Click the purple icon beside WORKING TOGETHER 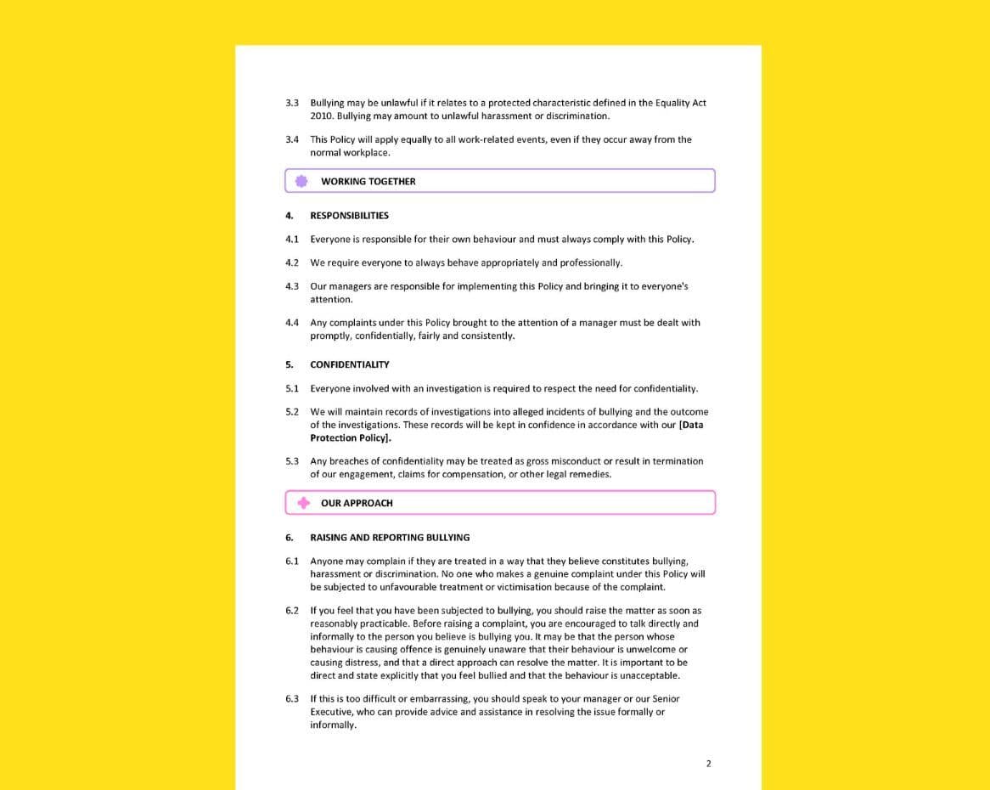coord(301,181)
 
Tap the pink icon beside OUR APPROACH coord(303,503)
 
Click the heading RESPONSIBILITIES coord(349,216)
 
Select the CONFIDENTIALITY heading coord(349,364)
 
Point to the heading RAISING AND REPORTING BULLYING coord(390,538)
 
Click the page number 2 coord(708,764)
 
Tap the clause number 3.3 coord(292,103)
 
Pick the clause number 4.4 coord(292,323)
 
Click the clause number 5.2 coord(292,412)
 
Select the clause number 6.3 coord(292,699)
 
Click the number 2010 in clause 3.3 coord(321,116)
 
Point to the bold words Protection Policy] coord(351,438)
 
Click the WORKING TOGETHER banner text coord(368,181)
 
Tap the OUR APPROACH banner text coord(357,503)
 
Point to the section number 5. coord(289,364)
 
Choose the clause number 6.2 coord(292,611)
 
